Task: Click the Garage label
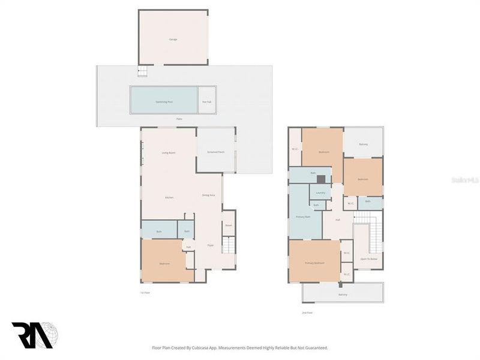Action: pyautogui.click(x=173, y=40)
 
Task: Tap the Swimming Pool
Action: pyautogui.click(x=164, y=101)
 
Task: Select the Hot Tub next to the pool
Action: pyautogui.click(x=207, y=101)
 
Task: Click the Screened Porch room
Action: pyautogui.click(x=216, y=152)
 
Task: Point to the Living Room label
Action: pyautogui.click(x=168, y=153)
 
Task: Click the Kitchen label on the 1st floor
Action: pyautogui.click(x=169, y=197)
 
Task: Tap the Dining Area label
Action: pyautogui.click(x=209, y=196)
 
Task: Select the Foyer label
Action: pyautogui.click(x=211, y=245)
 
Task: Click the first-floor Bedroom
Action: pyautogui.click(x=164, y=263)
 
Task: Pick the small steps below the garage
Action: pyautogui.click(x=142, y=72)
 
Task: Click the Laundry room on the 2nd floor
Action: pyautogui.click(x=320, y=193)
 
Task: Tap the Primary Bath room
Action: pyautogui.click(x=303, y=217)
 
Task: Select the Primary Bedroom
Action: pyautogui.click(x=314, y=263)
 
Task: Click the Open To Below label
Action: pyautogui.click(x=368, y=259)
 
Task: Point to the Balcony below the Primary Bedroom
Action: pyautogui.click(x=343, y=295)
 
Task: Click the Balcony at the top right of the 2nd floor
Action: pyautogui.click(x=364, y=144)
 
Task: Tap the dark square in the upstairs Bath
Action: pyautogui.click(x=321, y=179)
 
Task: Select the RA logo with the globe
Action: pyautogui.click(x=35, y=335)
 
